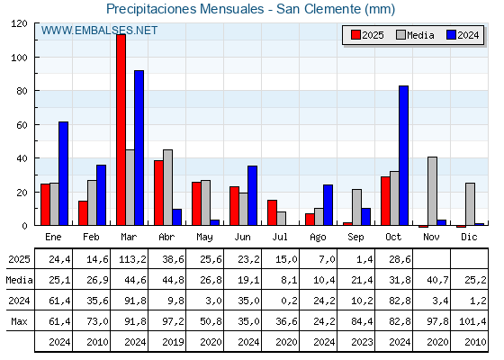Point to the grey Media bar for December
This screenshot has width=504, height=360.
pyautogui.click(x=470, y=204)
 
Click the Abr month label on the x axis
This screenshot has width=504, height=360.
pyautogui.click(x=166, y=236)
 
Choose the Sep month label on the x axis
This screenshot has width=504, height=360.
pyautogui.click(x=355, y=236)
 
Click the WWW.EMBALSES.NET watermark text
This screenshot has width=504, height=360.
pyautogui.click(x=99, y=31)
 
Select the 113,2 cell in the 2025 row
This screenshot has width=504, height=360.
pyautogui.click(x=130, y=259)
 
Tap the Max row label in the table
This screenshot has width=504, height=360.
pyautogui.click(x=18, y=321)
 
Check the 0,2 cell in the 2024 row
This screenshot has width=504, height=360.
pyautogui.click(x=281, y=301)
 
